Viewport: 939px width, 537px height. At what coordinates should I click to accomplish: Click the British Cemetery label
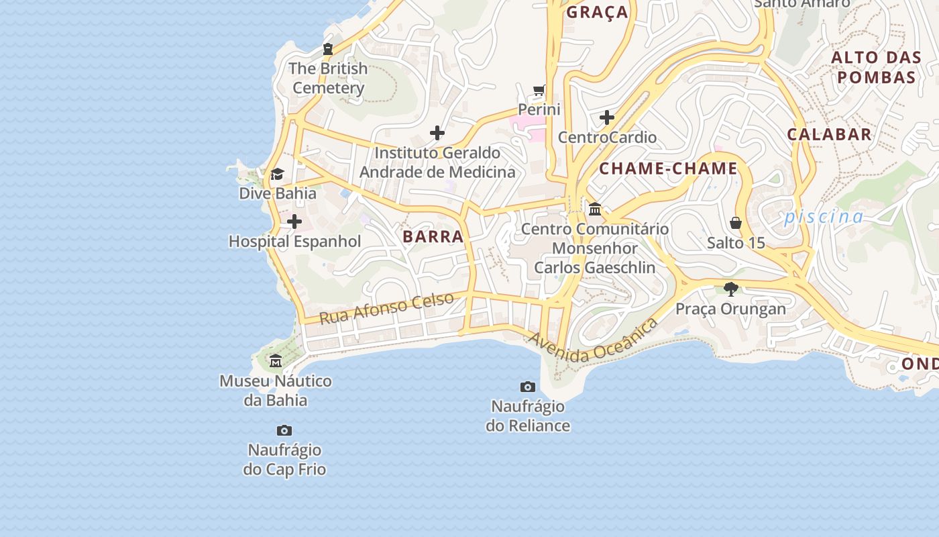(328, 78)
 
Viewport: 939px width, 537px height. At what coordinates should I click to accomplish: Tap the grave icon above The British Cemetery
(327, 48)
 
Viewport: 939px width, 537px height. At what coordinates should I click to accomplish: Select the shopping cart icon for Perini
(539, 90)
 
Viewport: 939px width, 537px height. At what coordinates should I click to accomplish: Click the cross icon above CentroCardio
(607, 117)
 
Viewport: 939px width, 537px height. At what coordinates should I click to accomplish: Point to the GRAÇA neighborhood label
(598, 12)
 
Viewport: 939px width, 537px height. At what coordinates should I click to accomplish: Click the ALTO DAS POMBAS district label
(876, 67)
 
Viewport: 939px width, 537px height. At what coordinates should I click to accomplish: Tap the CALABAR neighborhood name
(829, 134)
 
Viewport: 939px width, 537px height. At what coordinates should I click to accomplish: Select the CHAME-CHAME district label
(668, 168)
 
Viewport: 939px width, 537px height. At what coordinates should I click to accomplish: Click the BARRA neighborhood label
(433, 236)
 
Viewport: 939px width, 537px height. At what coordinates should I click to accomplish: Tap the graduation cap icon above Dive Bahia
(277, 175)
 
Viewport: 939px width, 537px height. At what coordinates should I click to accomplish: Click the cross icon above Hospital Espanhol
(294, 222)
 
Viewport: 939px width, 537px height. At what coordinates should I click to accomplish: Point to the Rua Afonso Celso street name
(386, 308)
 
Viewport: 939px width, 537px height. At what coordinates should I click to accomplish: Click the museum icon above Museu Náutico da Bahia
(276, 361)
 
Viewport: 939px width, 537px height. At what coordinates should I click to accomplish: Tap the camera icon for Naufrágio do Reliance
(528, 387)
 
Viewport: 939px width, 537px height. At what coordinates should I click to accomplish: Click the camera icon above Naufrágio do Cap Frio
(284, 430)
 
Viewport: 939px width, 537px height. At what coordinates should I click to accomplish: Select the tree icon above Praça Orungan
(730, 289)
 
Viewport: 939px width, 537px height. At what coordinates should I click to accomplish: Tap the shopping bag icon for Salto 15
(736, 223)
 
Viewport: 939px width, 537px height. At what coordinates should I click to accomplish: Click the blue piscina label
(824, 216)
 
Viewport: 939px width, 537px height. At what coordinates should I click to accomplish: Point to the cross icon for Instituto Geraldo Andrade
(437, 133)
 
